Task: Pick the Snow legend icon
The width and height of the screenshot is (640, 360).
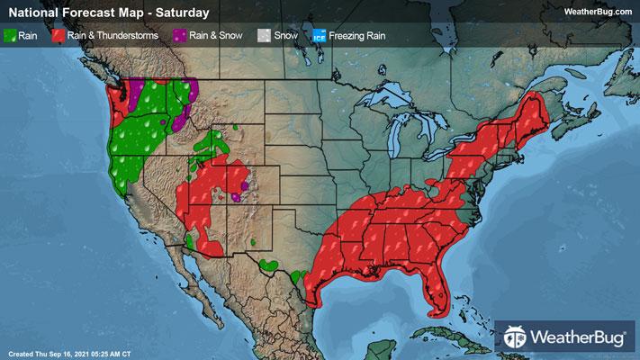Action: [262, 37]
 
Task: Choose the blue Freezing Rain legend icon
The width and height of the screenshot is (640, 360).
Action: [320, 37]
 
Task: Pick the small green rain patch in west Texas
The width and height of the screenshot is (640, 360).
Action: [267, 265]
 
